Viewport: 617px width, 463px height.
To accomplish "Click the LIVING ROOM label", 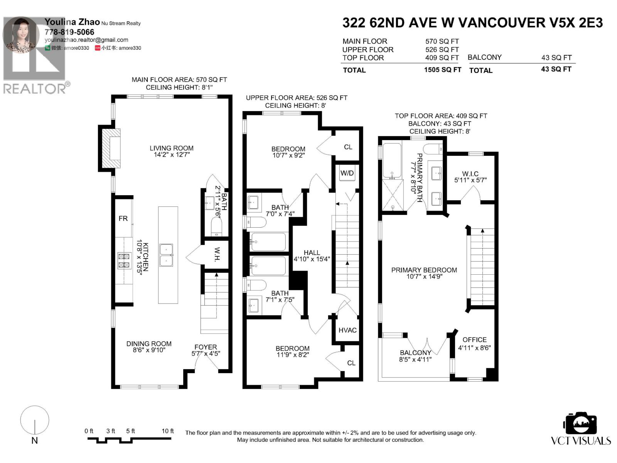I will point(172,148).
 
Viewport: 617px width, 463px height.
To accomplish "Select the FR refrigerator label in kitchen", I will point(123,219).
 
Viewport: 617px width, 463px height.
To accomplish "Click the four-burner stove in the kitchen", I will point(124,260).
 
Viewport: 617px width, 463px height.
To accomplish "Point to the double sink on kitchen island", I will point(166,255).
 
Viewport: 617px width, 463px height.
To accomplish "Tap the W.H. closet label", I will point(217,254).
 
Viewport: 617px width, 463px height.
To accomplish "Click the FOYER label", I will point(206,347).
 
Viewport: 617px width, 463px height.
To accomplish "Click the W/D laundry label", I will point(347,173).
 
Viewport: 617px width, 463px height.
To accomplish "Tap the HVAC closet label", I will point(347,330).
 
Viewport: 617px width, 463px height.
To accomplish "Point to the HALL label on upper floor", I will point(312,253).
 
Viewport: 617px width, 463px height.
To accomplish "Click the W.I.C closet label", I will point(470,174).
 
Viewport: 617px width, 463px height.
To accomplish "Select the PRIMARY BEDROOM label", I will point(424,270).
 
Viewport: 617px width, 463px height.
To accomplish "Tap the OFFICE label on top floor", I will point(474,340).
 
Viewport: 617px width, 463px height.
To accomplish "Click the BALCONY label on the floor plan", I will point(415,353).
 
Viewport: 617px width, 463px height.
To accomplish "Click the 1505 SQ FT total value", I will point(442,70).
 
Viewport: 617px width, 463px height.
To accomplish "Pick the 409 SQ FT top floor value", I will point(442,58).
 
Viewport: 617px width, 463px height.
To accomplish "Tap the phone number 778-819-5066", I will point(69,32).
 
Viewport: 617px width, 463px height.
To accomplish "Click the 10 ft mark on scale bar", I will point(168,431).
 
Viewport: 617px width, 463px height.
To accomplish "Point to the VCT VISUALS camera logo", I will point(581,424).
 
